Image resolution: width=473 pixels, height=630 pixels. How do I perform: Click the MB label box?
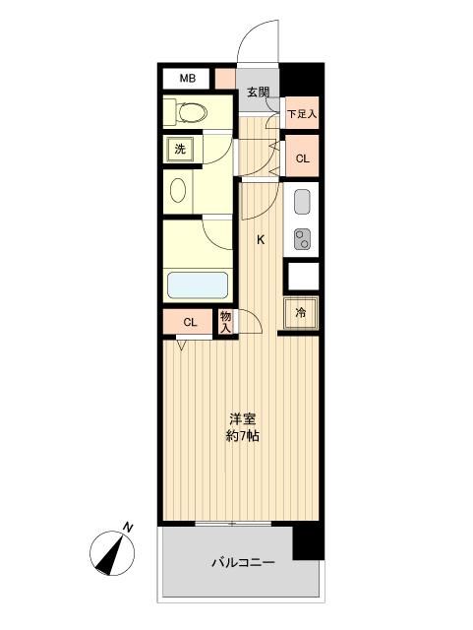pyautogui.click(x=187, y=77)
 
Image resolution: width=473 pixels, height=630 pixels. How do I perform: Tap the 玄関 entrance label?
pyautogui.click(x=258, y=93)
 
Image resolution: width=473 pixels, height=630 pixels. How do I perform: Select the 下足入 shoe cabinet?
pyautogui.click(x=302, y=114)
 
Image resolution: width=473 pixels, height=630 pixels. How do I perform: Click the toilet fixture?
pyautogui.click(x=187, y=111)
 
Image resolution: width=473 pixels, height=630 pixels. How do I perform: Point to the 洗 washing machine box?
pyautogui.click(x=179, y=149)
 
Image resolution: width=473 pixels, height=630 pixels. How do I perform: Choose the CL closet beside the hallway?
pyautogui.click(x=302, y=157)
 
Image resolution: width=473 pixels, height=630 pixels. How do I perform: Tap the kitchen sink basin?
pyautogui.click(x=301, y=203)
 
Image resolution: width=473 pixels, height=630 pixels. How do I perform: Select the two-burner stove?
pyautogui.click(x=301, y=237)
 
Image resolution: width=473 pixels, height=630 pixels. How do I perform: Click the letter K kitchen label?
pyautogui.click(x=262, y=239)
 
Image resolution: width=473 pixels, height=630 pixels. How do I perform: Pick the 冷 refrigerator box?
pyautogui.click(x=301, y=312)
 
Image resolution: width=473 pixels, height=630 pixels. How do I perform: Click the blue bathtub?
pyautogui.click(x=197, y=286)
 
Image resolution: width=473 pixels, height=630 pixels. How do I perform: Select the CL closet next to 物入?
pyautogui.click(x=189, y=322)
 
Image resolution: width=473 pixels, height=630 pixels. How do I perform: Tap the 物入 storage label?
pyautogui.click(x=225, y=322)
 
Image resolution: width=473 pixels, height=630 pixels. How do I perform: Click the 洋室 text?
pyautogui.click(x=242, y=417)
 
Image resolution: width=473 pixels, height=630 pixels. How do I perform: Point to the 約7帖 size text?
pyautogui.click(x=242, y=435)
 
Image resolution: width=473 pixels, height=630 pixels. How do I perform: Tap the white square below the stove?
pyautogui.click(x=301, y=275)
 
